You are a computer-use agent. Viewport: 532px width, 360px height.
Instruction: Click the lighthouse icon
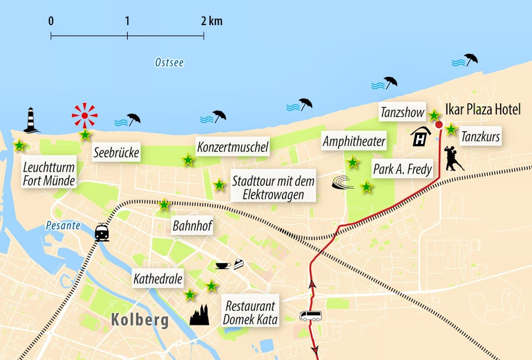pyautogui.click(x=31, y=120)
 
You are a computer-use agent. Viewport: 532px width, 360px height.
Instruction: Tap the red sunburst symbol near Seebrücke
pyautogui.click(x=85, y=114)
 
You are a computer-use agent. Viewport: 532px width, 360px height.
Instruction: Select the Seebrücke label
pyautogui.click(x=116, y=154)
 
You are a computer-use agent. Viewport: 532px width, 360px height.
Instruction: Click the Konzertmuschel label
pyautogui.click(x=232, y=147)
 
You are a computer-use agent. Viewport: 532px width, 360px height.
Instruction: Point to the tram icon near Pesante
pyautogui.click(x=102, y=233)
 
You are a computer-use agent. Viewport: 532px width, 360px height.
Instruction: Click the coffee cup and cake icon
pyautogui.click(x=229, y=264)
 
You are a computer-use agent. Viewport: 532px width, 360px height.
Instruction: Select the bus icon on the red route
pyautogui.click(x=310, y=316)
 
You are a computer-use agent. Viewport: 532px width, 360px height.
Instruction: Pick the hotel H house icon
pyautogui.click(x=420, y=136)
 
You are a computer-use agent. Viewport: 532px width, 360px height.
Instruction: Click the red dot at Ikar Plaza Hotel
pyautogui.click(x=439, y=125)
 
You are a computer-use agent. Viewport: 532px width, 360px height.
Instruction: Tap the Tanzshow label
pyautogui.click(x=402, y=112)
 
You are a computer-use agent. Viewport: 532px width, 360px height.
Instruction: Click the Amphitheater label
pyautogui.click(x=354, y=141)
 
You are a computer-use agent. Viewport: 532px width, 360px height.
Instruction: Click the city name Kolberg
pyautogui.click(x=140, y=321)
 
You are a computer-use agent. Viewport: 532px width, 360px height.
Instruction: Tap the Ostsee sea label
pyautogui.click(x=169, y=63)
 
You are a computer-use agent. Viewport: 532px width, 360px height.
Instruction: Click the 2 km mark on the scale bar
pyautogui.click(x=204, y=36)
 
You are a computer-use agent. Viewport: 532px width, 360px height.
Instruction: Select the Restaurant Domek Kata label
pyautogui.click(x=250, y=313)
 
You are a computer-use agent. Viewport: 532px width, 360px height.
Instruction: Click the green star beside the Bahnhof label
pyautogui.click(x=164, y=204)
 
